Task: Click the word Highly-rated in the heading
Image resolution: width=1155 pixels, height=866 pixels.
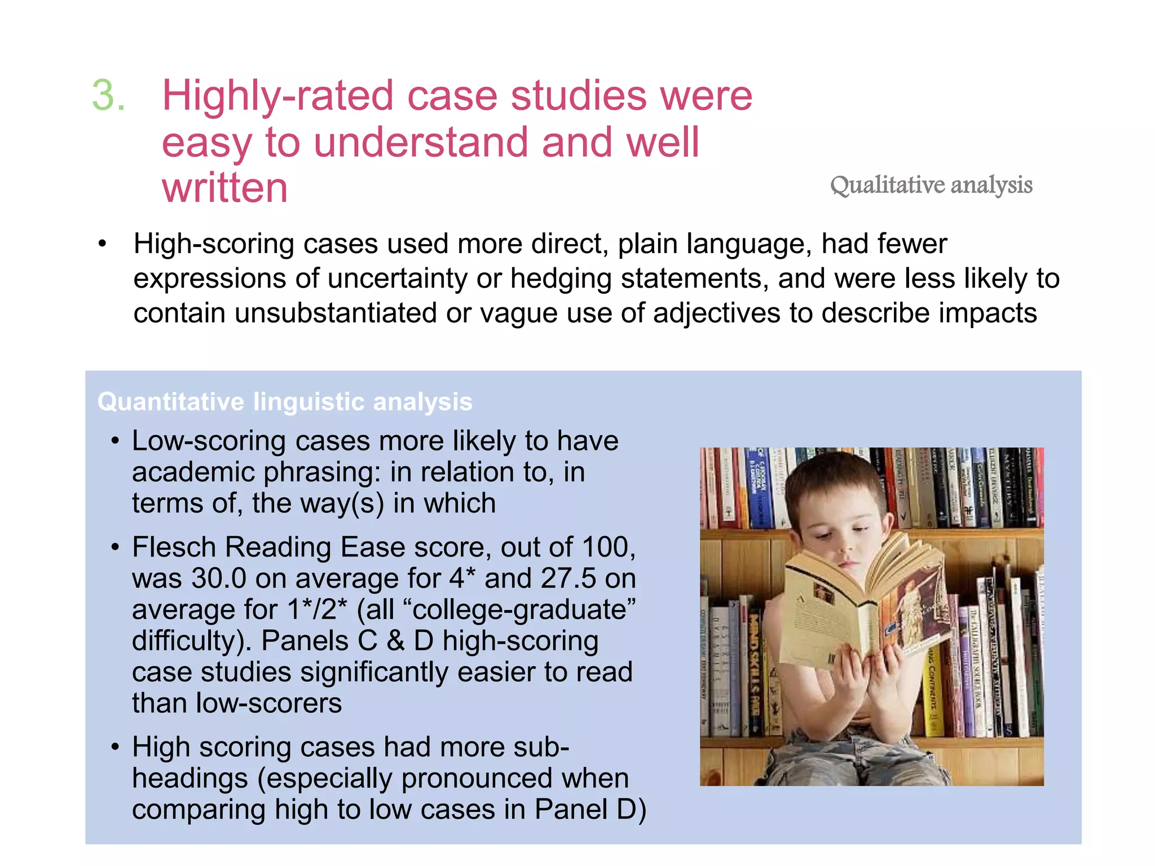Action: click(x=279, y=96)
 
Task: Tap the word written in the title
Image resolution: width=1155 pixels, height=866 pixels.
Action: click(x=224, y=188)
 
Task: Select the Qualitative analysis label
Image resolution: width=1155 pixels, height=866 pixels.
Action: click(x=931, y=185)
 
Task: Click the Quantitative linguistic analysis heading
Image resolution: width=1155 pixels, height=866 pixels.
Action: click(x=285, y=402)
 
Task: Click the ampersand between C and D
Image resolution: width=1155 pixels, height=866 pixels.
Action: click(x=395, y=641)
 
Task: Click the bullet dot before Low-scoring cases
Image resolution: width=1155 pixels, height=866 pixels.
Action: click(x=116, y=441)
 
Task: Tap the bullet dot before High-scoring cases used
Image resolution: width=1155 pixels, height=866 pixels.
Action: click(x=102, y=245)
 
